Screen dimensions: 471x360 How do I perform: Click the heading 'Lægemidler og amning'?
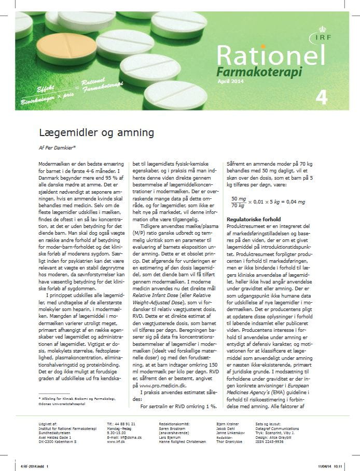click(96, 132)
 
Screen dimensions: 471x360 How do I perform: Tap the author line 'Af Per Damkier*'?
click(61, 147)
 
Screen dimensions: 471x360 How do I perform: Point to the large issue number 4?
click(321, 98)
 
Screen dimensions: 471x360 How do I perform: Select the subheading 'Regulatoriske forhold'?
click(254, 220)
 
